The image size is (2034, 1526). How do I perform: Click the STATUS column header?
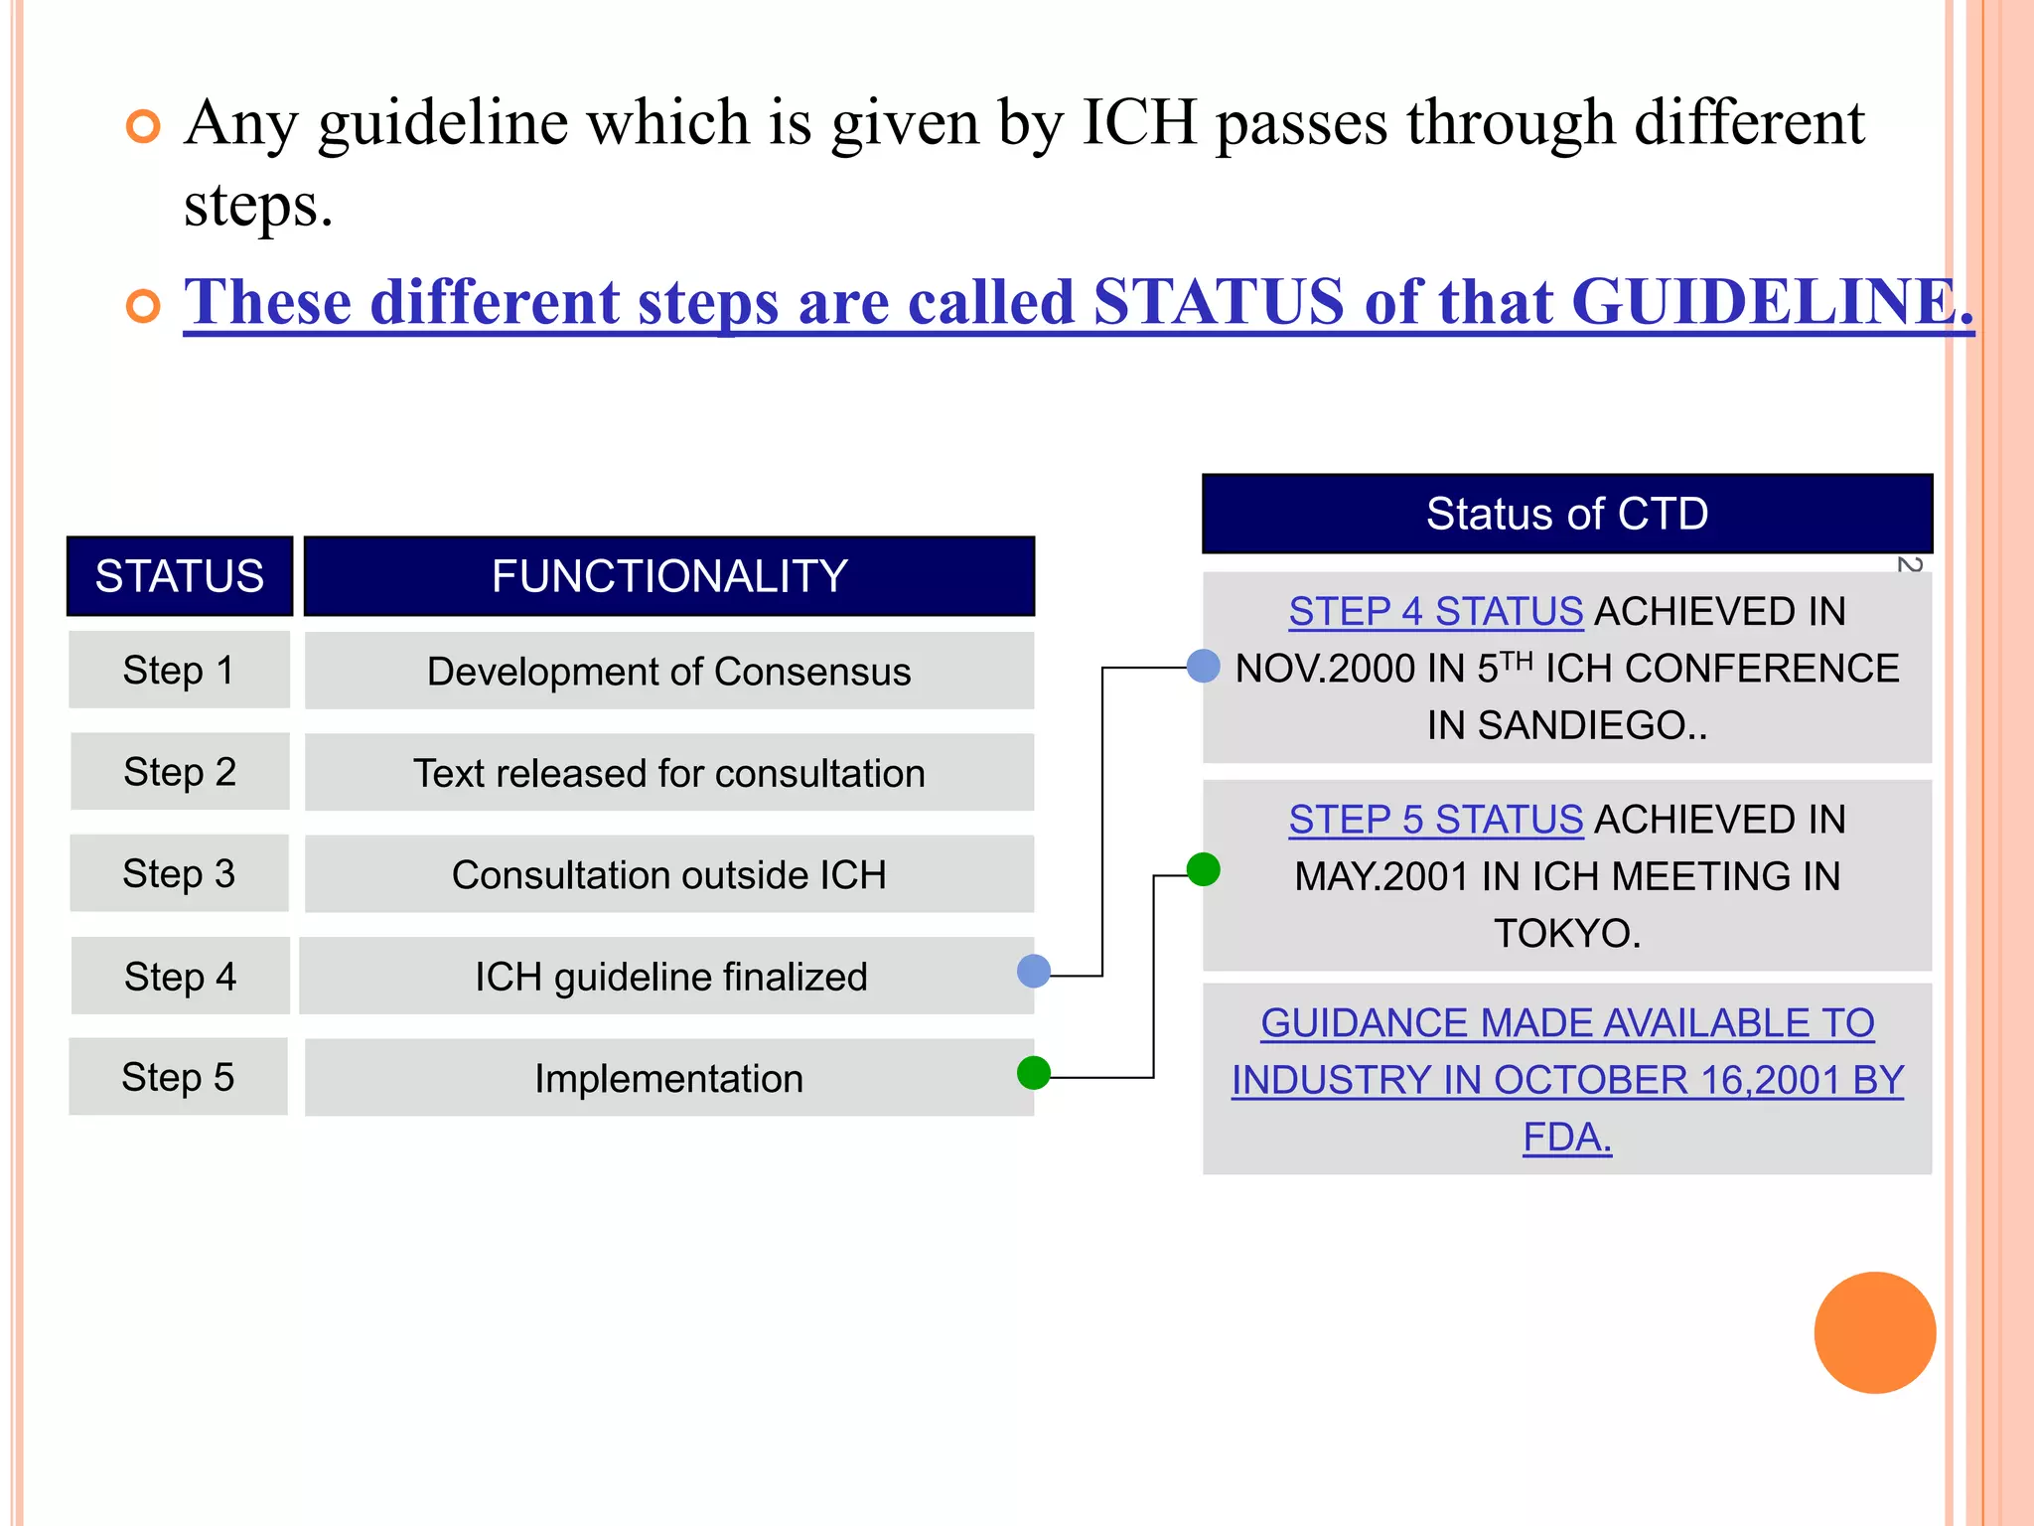[x=180, y=576]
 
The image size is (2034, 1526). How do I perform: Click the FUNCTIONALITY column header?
[x=668, y=576]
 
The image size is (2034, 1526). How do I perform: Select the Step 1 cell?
[x=179, y=671]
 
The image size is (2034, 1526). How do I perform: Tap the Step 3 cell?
[x=179, y=874]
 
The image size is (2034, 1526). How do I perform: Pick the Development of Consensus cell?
[x=668, y=672]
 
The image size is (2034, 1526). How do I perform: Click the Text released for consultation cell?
[x=668, y=773]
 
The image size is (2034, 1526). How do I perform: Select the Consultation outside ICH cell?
[x=668, y=875]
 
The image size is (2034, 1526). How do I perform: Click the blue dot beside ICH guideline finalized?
[x=1034, y=971]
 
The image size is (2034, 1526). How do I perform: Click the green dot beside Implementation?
[x=1034, y=1073]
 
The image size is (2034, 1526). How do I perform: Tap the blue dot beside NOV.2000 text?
[x=1204, y=666]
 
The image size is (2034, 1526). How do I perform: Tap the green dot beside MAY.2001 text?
[x=1204, y=869]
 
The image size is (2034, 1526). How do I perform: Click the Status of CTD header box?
[x=1567, y=514]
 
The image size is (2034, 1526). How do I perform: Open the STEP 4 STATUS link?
[x=1435, y=612]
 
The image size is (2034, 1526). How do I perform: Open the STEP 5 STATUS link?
[x=1435, y=820]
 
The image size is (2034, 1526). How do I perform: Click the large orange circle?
[x=1874, y=1332]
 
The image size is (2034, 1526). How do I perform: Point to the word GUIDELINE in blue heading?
[x=1768, y=302]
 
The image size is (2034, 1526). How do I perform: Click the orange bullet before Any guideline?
[x=144, y=126]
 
